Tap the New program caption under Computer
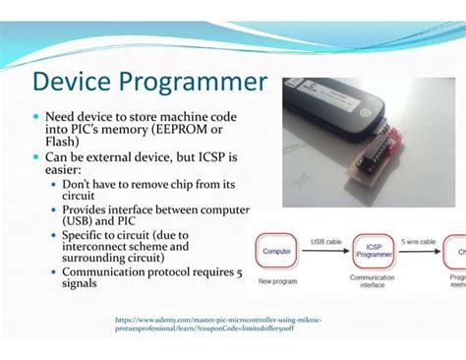click(277, 281)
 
